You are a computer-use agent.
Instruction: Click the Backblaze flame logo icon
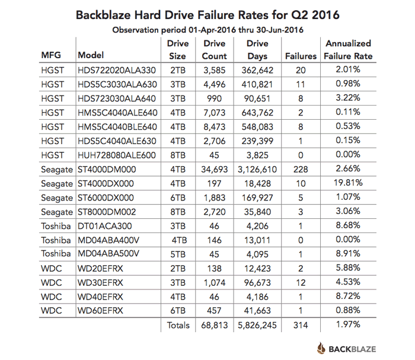(321, 348)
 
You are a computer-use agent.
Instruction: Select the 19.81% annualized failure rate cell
(348, 183)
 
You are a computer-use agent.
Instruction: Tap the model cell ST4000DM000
(107, 170)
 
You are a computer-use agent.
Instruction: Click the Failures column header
(301, 56)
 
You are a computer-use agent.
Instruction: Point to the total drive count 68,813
(215, 325)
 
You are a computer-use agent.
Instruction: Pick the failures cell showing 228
(301, 170)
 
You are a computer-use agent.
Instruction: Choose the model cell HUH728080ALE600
(117, 155)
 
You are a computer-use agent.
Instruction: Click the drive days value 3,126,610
(257, 170)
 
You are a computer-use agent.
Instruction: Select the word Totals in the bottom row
(178, 325)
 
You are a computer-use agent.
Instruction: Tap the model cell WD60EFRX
(100, 310)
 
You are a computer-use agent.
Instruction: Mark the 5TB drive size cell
(178, 254)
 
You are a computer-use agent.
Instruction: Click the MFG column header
(51, 55)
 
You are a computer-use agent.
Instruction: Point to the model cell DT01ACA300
(105, 226)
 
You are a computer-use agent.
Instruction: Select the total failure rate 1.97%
(348, 324)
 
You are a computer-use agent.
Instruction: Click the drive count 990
(215, 98)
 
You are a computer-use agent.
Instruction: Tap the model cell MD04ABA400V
(108, 240)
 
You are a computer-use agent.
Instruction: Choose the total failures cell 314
(301, 325)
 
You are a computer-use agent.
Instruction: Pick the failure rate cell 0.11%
(348, 112)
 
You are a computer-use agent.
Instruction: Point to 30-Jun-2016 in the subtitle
(280, 30)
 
